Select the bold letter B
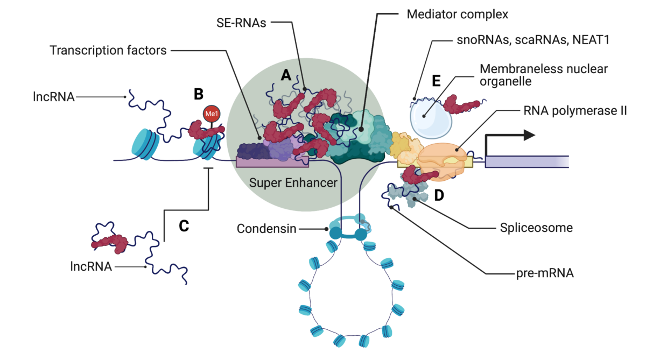point(198,95)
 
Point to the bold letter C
point(184,226)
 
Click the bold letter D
point(439,196)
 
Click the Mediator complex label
point(457,15)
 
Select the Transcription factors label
point(108,51)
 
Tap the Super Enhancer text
point(293,183)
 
